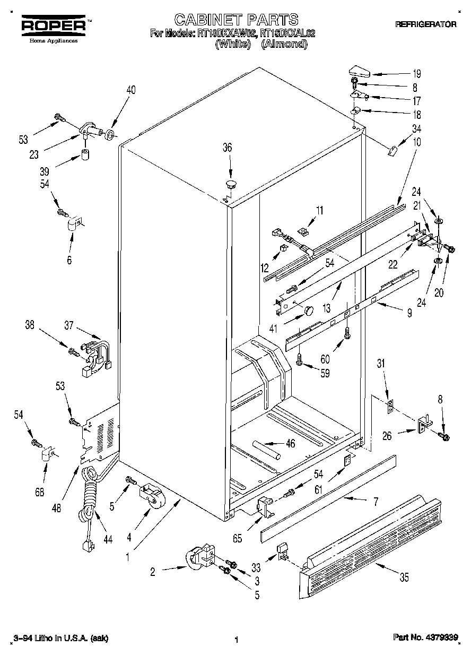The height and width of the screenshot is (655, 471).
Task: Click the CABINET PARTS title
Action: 236,20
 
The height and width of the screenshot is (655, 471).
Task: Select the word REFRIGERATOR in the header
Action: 426,24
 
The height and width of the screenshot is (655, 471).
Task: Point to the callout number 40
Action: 130,90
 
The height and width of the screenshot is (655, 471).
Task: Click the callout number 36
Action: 227,148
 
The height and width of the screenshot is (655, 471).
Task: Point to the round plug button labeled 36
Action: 231,184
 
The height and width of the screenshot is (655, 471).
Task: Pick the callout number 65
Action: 237,538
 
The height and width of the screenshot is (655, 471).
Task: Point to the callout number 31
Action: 380,364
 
